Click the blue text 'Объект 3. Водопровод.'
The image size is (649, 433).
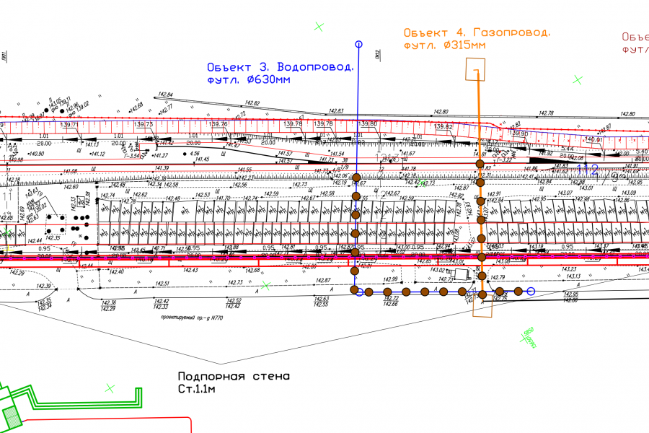281,66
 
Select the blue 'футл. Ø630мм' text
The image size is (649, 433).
248,80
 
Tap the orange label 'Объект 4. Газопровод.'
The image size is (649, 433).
477,32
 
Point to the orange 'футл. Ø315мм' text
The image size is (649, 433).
445,45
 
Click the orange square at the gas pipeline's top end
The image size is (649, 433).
475,70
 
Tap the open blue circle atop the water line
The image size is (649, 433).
358,45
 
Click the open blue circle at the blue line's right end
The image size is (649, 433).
531,292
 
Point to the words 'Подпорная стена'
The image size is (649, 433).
234,376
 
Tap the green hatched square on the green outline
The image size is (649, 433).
12,416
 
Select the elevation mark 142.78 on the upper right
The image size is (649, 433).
546,113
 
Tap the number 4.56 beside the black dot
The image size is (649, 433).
194,154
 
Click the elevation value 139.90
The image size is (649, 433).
518,134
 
